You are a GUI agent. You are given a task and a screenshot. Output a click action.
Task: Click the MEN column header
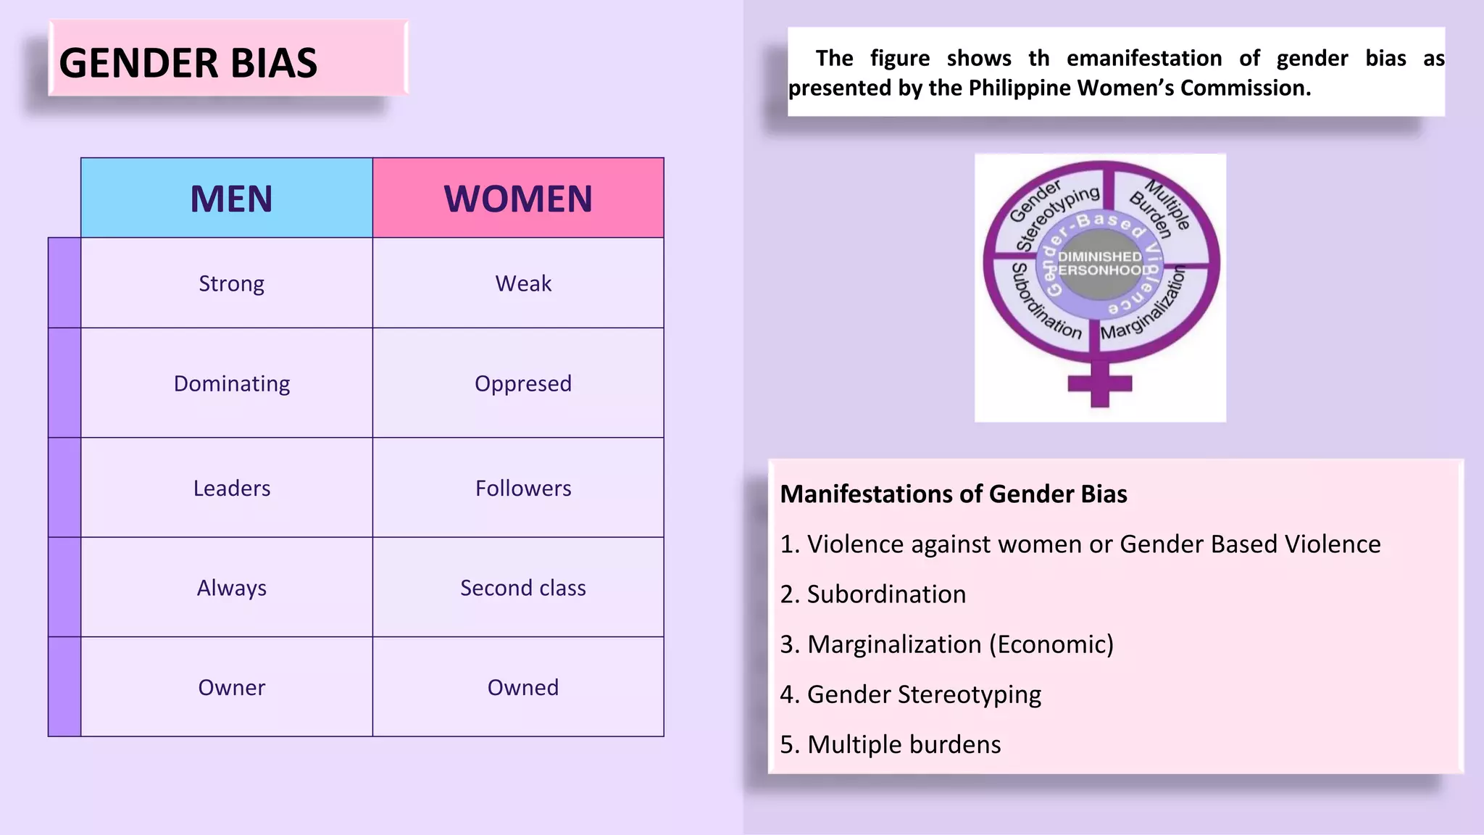click(231, 199)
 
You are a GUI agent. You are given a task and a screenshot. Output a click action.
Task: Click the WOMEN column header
click(518, 199)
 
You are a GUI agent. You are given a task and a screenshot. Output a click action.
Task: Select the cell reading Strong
click(231, 283)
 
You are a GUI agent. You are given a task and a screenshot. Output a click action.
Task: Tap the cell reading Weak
click(523, 283)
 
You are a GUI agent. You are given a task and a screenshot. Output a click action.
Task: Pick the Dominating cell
click(231, 383)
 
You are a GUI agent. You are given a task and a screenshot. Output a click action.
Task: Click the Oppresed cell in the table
click(523, 383)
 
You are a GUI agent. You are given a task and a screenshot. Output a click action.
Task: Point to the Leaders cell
click(231, 489)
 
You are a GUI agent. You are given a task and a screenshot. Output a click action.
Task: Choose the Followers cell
click(523, 489)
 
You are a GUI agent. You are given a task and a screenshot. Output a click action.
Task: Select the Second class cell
click(523, 588)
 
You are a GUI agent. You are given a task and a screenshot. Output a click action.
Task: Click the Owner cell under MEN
click(231, 687)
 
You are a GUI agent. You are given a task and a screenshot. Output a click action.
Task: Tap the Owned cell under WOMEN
click(523, 687)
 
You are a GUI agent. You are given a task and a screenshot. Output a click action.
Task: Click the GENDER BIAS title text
click(188, 63)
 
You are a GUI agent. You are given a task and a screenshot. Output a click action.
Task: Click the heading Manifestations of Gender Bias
click(954, 494)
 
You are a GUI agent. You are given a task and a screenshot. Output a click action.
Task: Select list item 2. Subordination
click(873, 594)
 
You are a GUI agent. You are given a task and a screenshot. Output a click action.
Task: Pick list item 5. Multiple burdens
click(891, 744)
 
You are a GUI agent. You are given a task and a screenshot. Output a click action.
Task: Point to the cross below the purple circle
click(1100, 383)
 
